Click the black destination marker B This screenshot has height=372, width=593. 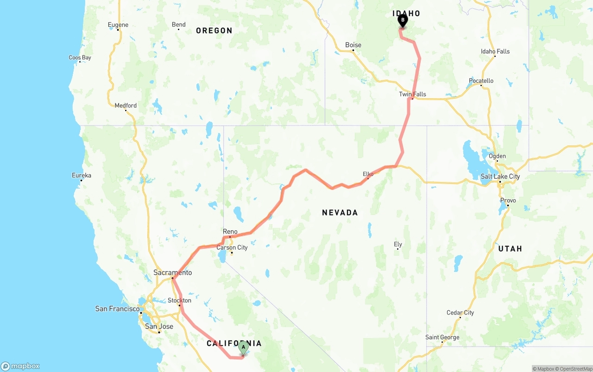[403, 20]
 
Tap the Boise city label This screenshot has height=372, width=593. [353, 45]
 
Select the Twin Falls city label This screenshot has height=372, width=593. [412, 94]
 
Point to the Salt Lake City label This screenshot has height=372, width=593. [500, 176]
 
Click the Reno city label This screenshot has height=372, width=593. [230, 232]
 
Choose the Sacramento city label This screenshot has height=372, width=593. [172, 272]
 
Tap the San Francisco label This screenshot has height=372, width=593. [117, 309]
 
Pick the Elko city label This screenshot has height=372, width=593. [368, 174]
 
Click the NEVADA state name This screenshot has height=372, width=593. [340, 213]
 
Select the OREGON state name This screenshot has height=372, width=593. [214, 31]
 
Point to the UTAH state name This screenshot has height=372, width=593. [510, 249]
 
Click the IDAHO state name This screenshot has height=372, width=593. [406, 13]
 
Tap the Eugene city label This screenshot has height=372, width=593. [118, 25]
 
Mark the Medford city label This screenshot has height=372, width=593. [126, 105]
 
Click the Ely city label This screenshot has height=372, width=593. [397, 244]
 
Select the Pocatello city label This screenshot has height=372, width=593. [481, 81]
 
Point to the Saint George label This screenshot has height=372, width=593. [442, 337]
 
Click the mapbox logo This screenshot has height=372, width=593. [20, 366]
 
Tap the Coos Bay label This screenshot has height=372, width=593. [80, 57]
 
